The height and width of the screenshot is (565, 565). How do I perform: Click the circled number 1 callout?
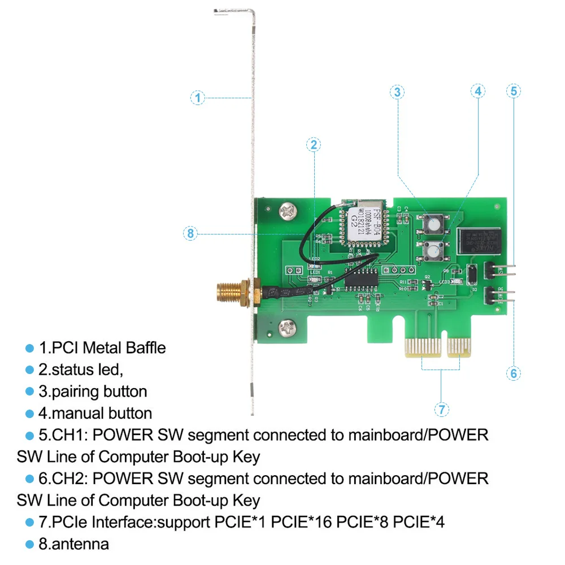point(197,98)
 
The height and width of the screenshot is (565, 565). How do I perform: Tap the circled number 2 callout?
point(314,145)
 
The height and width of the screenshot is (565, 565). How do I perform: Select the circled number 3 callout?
point(398,92)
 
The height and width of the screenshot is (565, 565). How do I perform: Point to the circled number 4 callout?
point(478,91)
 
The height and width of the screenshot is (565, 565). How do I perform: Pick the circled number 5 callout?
point(514,90)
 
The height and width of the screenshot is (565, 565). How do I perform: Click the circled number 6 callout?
point(514,373)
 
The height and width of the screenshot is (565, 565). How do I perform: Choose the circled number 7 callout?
point(441,409)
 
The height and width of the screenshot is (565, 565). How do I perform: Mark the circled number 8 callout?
point(190,232)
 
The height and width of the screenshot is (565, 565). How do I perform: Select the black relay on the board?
point(480,240)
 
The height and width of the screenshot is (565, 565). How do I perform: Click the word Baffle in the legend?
point(146,347)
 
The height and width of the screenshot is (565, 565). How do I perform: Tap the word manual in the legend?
point(77,413)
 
